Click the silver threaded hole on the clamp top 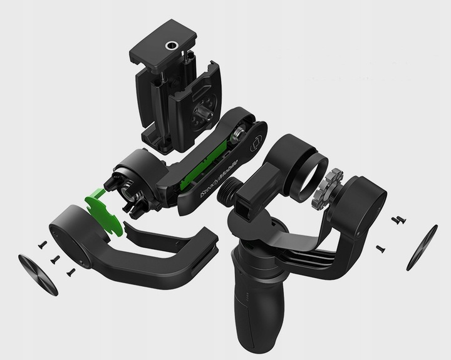(170, 46)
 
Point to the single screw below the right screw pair (380, 249)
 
